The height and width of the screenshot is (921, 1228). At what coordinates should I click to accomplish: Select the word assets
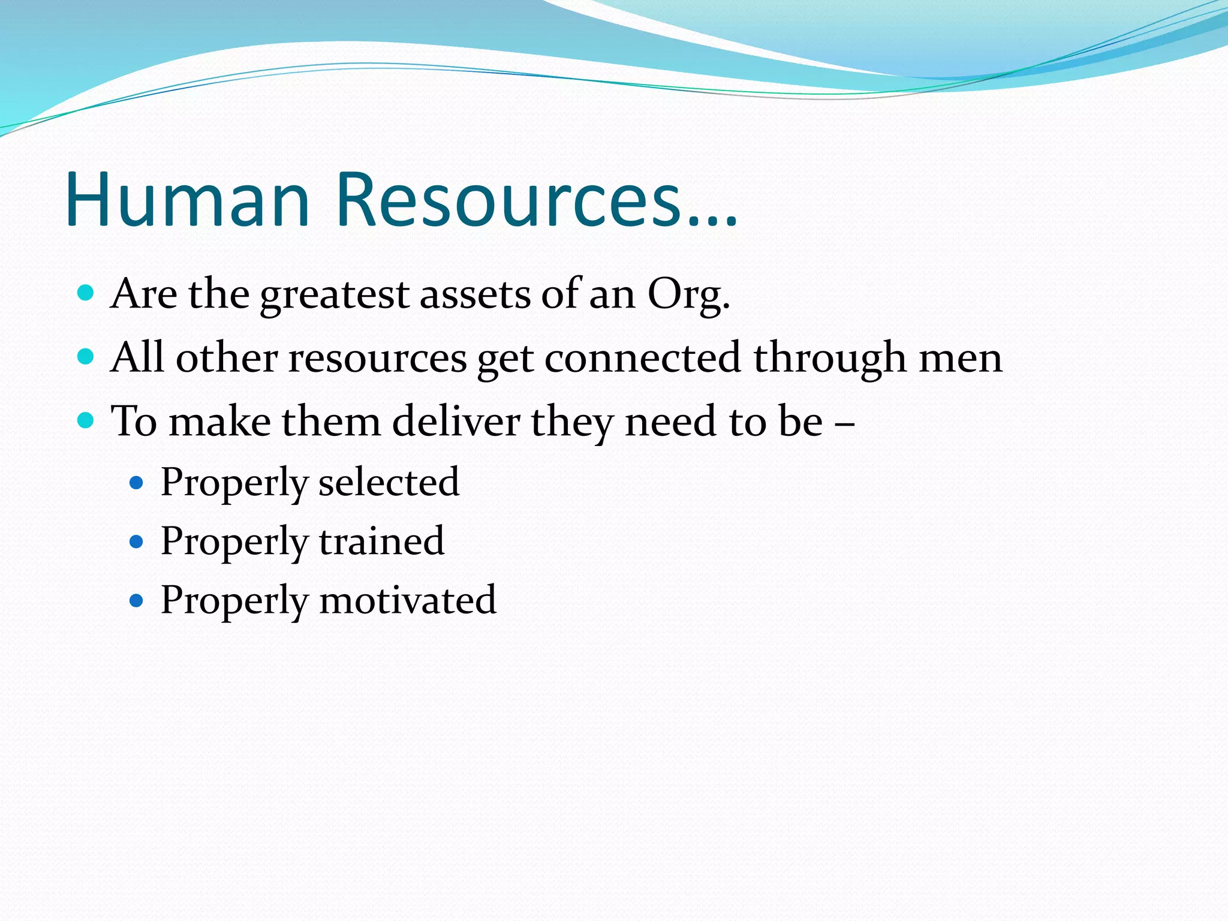(475, 294)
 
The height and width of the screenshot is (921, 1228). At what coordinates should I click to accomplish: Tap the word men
(961, 358)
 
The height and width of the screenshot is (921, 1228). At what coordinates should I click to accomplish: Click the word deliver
(456, 421)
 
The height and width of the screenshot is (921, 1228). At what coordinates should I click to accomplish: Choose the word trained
(381, 541)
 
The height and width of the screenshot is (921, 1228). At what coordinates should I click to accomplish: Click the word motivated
(408, 600)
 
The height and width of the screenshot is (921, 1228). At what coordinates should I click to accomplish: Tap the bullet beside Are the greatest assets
(86, 293)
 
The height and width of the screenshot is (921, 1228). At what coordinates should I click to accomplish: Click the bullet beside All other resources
(86, 357)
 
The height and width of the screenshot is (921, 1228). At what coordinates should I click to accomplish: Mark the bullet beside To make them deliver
(86, 420)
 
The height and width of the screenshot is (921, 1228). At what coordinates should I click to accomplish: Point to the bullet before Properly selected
(137, 481)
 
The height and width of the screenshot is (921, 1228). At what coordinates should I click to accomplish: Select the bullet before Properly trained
(137, 541)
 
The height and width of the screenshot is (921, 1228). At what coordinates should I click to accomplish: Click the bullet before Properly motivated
(137, 600)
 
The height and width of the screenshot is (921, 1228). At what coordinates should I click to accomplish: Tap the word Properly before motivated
(234, 600)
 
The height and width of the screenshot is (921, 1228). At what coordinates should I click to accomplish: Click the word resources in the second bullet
(378, 358)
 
